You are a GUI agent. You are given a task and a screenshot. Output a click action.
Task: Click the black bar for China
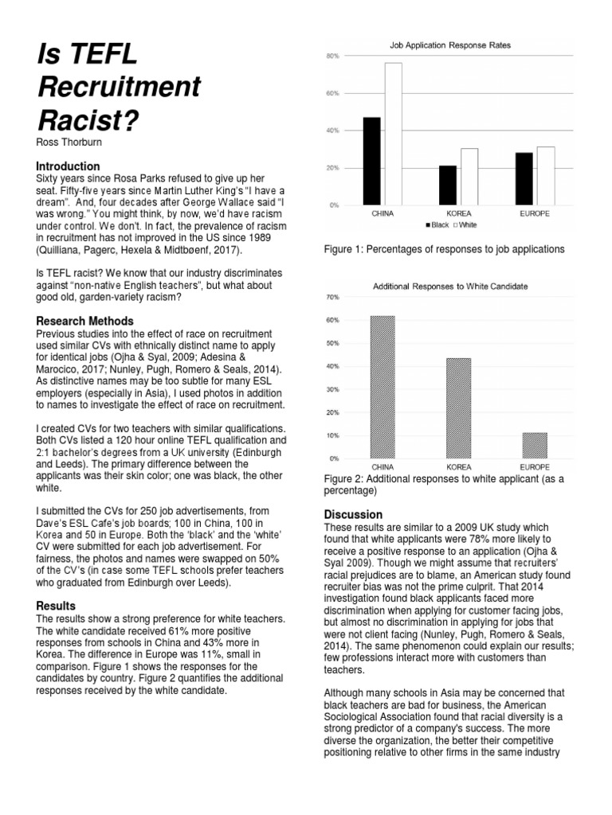(x=371, y=161)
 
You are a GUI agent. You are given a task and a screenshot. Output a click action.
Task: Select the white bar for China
(x=393, y=134)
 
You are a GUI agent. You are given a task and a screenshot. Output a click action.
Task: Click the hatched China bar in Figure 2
(x=382, y=387)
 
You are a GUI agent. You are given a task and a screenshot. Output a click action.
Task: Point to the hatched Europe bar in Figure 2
(x=535, y=446)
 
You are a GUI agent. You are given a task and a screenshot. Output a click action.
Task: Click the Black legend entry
(x=437, y=225)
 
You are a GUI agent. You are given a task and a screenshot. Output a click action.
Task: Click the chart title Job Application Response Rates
(x=450, y=46)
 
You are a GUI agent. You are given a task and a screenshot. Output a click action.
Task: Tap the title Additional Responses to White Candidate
(x=450, y=286)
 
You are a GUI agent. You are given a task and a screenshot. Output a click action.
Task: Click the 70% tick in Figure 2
(x=333, y=297)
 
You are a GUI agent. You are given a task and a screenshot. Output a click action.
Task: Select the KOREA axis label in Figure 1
(x=458, y=214)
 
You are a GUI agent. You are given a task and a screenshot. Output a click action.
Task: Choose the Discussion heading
(x=353, y=514)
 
